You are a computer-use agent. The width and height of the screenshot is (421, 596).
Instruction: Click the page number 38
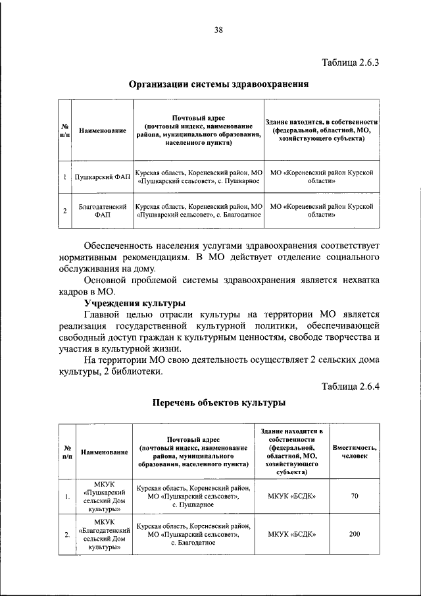(x=218, y=30)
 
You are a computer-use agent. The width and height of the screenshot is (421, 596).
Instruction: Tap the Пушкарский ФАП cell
(x=101, y=177)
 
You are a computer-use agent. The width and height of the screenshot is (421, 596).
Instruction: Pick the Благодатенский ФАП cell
(x=101, y=210)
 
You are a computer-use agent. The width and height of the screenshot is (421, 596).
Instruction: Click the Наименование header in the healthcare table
(x=102, y=131)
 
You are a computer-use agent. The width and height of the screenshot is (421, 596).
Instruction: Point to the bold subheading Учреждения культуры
(x=135, y=303)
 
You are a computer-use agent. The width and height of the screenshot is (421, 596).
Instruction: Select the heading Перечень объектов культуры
(x=218, y=402)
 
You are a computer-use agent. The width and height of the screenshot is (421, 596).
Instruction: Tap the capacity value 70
(x=354, y=496)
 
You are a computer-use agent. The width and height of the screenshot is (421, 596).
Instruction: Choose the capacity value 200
(x=354, y=533)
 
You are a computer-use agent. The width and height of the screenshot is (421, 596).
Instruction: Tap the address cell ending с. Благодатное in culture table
(x=193, y=533)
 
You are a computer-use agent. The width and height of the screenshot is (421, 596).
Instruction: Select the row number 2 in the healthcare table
(x=64, y=211)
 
